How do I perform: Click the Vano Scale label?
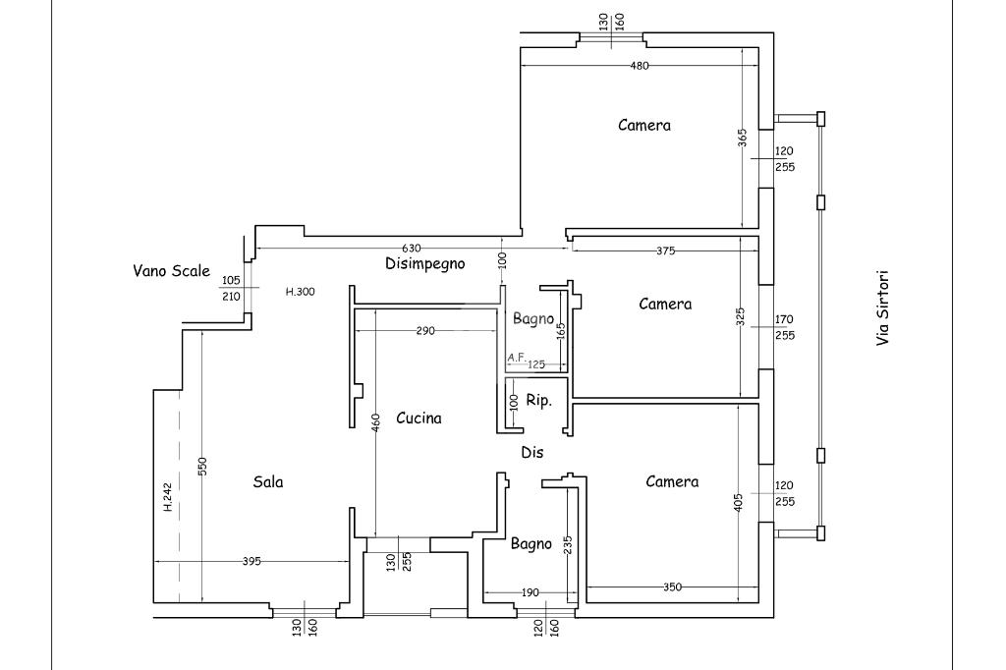[171, 271]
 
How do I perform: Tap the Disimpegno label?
[424, 263]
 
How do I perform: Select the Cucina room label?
[419, 419]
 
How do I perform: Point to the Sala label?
[268, 482]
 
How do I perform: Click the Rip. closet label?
[539, 401]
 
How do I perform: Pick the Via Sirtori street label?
[883, 308]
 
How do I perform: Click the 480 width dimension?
[640, 66]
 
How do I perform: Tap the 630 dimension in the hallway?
[411, 249]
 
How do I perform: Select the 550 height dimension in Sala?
[202, 467]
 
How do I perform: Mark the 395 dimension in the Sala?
[251, 562]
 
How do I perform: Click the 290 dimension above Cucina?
[425, 331]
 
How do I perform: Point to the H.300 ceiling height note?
[301, 292]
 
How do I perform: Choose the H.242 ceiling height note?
[168, 497]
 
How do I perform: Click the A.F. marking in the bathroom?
[517, 358]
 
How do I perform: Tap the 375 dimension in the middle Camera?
[665, 251]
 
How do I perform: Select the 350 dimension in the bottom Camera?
[672, 587]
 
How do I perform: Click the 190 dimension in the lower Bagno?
[530, 593]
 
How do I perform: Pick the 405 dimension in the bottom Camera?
[739, 503]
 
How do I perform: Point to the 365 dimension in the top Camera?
[743, 139]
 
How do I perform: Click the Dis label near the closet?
[531, 453]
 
